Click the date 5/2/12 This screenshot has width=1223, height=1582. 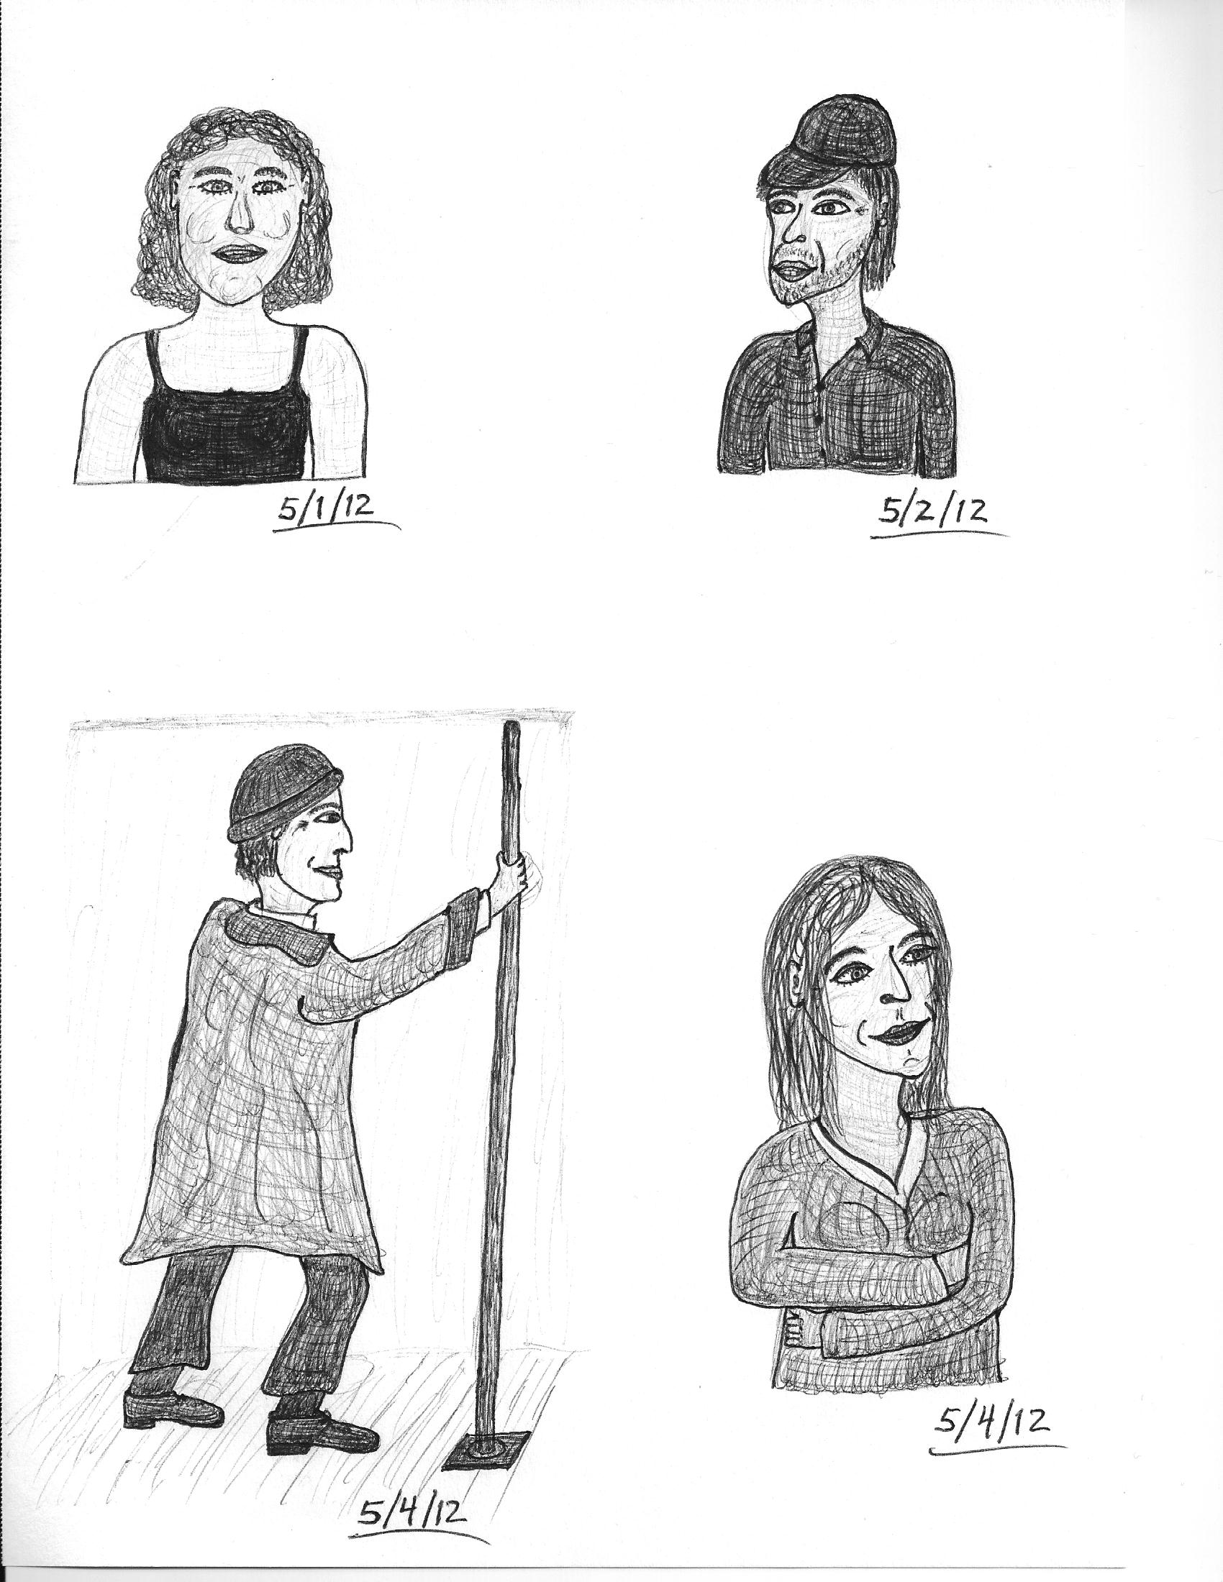coord(933,512)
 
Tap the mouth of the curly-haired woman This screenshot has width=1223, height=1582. coord(240,254)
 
